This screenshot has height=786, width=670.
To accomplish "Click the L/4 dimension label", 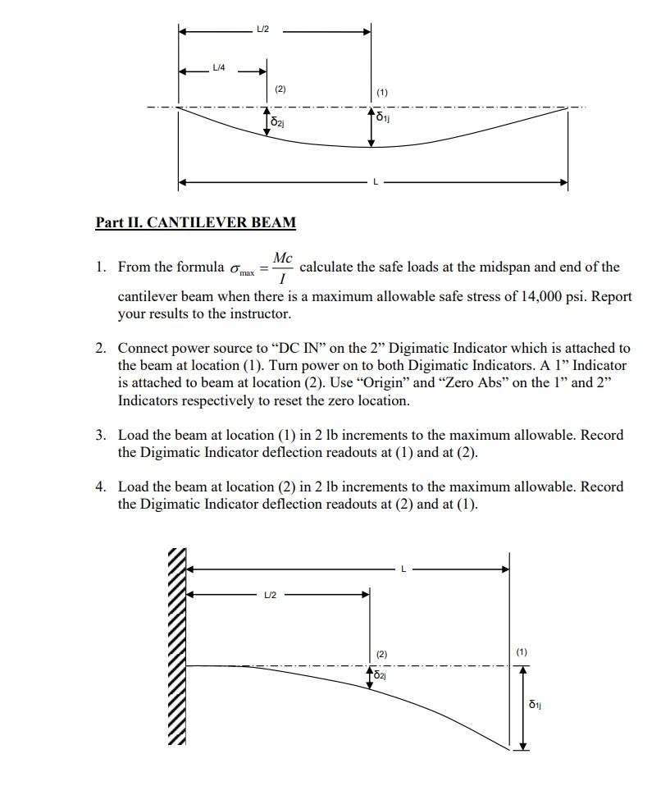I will pos(219,66).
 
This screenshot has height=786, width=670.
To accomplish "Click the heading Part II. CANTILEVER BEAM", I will pos(195,222).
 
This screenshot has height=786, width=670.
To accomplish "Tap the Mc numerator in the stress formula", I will pos(282,258).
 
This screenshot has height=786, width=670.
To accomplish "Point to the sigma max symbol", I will pos(242,269).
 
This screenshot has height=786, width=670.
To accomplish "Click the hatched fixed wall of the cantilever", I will pos(178,648).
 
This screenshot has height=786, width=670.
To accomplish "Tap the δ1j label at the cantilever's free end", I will pos(535,704).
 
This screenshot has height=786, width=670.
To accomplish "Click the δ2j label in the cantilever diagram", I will pos(381,675).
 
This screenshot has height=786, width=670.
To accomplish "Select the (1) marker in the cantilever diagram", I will pos(522,652).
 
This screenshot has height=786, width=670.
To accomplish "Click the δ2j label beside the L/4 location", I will pos(278,122).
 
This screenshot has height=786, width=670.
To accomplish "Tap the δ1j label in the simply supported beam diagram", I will pos(383,117).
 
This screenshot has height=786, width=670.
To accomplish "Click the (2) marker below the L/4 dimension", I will pos(280,89).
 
